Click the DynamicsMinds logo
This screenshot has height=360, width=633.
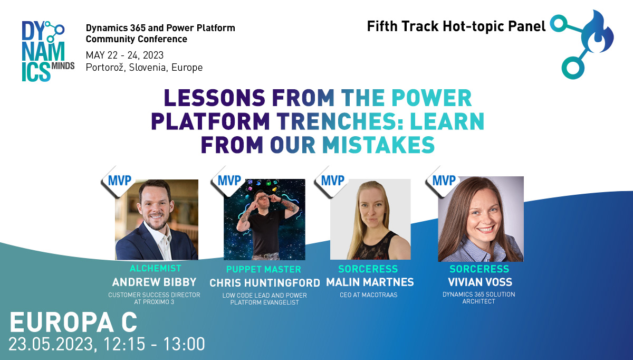(48, 51)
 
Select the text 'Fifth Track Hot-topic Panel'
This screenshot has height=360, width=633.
(456, 26)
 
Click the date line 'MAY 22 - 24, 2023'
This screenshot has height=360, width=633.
(124, 55)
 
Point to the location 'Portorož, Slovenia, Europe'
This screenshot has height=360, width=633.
(144, 68)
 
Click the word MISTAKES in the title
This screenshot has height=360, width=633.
(378, 145)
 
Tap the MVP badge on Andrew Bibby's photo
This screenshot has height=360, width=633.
(119, 181)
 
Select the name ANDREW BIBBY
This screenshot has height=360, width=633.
(154, 282)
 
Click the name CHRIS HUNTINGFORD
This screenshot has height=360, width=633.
(265, 283)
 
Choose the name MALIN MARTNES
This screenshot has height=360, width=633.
(370, 282)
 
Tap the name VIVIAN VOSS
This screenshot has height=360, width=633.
(480, 282)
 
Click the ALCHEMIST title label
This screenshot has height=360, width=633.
(156, 268)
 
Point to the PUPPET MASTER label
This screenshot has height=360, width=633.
(264, 269)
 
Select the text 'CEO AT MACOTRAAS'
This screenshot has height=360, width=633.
(369, 295)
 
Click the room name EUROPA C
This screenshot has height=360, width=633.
(73, 323)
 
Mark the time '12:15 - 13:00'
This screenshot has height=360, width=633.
(154, 344)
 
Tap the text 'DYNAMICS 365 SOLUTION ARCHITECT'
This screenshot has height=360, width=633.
(479, 298)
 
